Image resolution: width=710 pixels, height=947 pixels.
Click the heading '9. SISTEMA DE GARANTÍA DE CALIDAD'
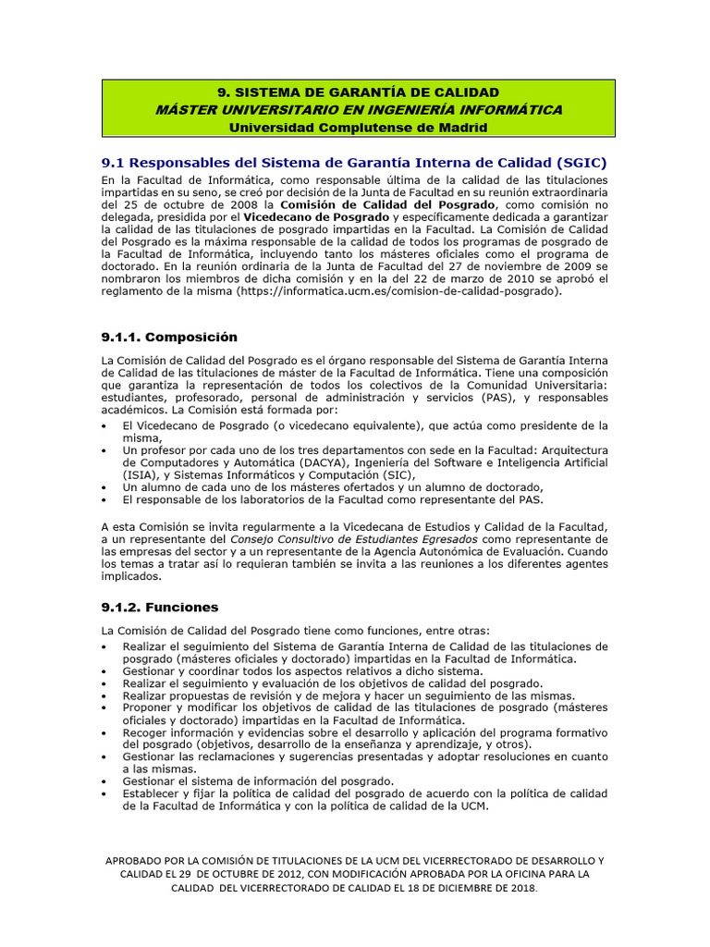click(x=358, y=92)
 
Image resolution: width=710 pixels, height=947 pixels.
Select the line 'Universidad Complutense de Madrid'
click(x=358, y=127)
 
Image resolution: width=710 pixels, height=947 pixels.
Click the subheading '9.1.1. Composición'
click(x=169, y=337)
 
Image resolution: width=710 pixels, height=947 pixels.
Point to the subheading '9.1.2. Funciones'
click(x=160, y=607)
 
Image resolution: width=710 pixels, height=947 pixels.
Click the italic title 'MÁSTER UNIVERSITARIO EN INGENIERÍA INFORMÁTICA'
click(x=358, y=109)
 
